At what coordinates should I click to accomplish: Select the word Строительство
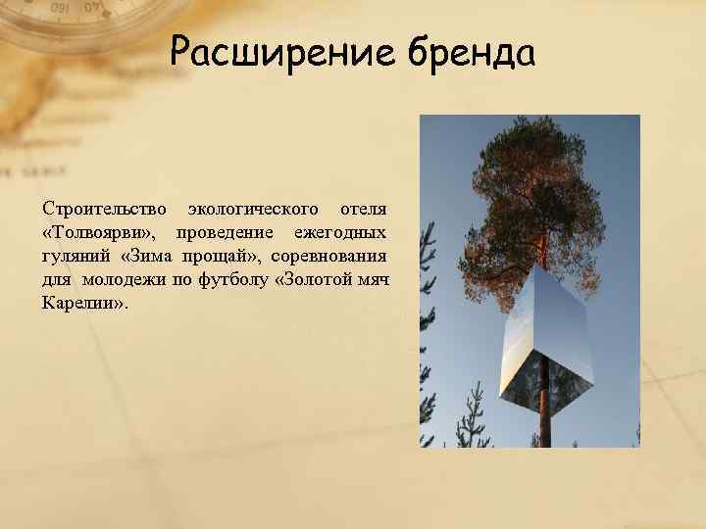click(x=104, y=209)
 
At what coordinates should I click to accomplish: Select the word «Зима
click(x=147, y=256)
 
